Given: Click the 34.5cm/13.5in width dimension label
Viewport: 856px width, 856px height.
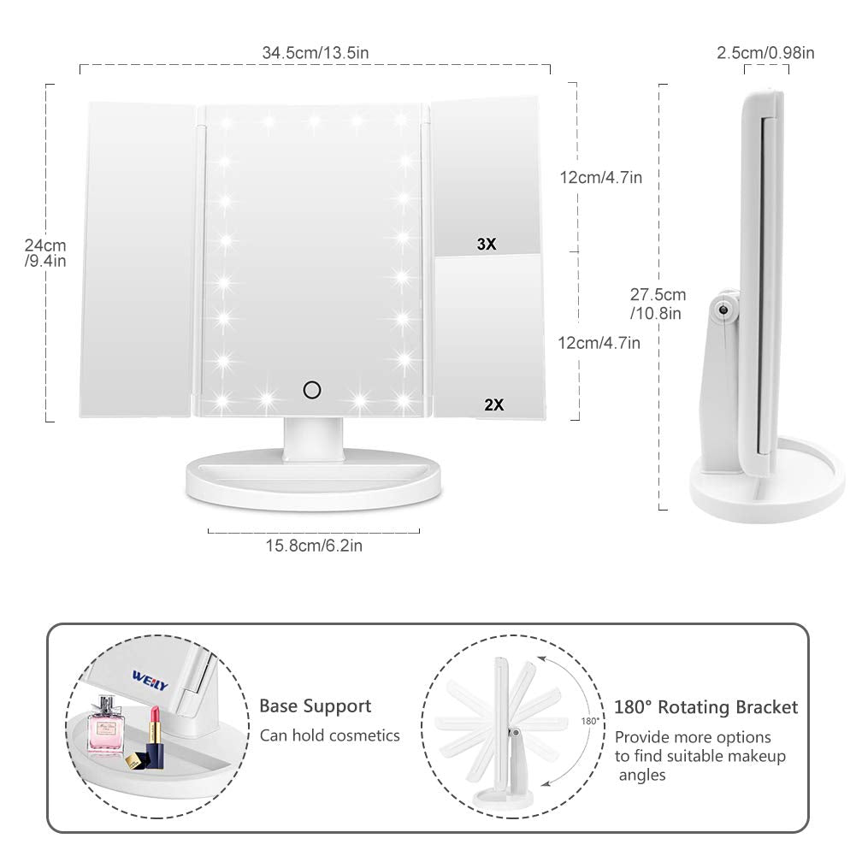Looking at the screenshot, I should (x=316, y=53).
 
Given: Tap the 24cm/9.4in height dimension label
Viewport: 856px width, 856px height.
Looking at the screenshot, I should (x=45, y=253).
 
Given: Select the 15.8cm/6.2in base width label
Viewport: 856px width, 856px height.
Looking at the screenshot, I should (x=314, y=546).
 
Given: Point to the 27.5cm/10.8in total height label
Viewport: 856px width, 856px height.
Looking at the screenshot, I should (x=657, y=304).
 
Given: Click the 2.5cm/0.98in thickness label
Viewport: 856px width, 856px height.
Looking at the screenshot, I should (x=764, y=53).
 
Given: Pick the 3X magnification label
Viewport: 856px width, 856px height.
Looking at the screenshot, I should (x=487, y=245).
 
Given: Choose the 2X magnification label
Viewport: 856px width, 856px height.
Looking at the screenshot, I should (x=493, y=405).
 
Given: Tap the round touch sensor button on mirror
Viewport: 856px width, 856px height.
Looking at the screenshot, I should (x=312, y=391).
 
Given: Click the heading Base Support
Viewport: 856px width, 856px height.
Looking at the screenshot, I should (x=316, y=706).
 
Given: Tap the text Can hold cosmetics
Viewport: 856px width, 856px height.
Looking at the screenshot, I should (x=329, y=735).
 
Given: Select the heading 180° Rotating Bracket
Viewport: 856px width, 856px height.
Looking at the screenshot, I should (x=705, y=707).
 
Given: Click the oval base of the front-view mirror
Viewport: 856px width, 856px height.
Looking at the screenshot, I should (x=314, y=482).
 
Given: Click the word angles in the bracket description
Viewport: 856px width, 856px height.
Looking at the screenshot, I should (x=643, y=776).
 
